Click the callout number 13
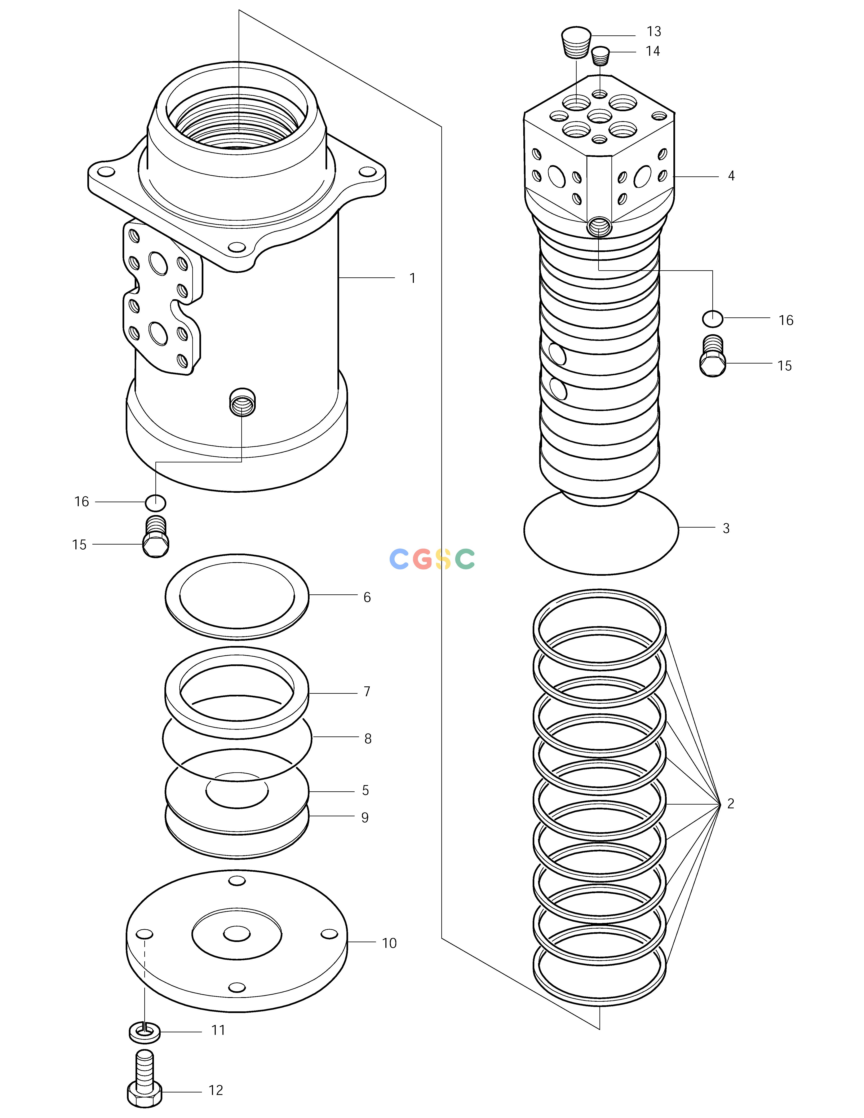click(x=654, y=32)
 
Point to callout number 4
click(x=731, y=176)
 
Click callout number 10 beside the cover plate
click(x=389, y=943)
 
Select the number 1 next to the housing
click(x=412, y=278)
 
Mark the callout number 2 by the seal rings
click(x=730, y=804)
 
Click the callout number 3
click(x=726, y=528)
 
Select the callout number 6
click(x=367, y=597)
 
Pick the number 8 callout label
click(x=368, y=739)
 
